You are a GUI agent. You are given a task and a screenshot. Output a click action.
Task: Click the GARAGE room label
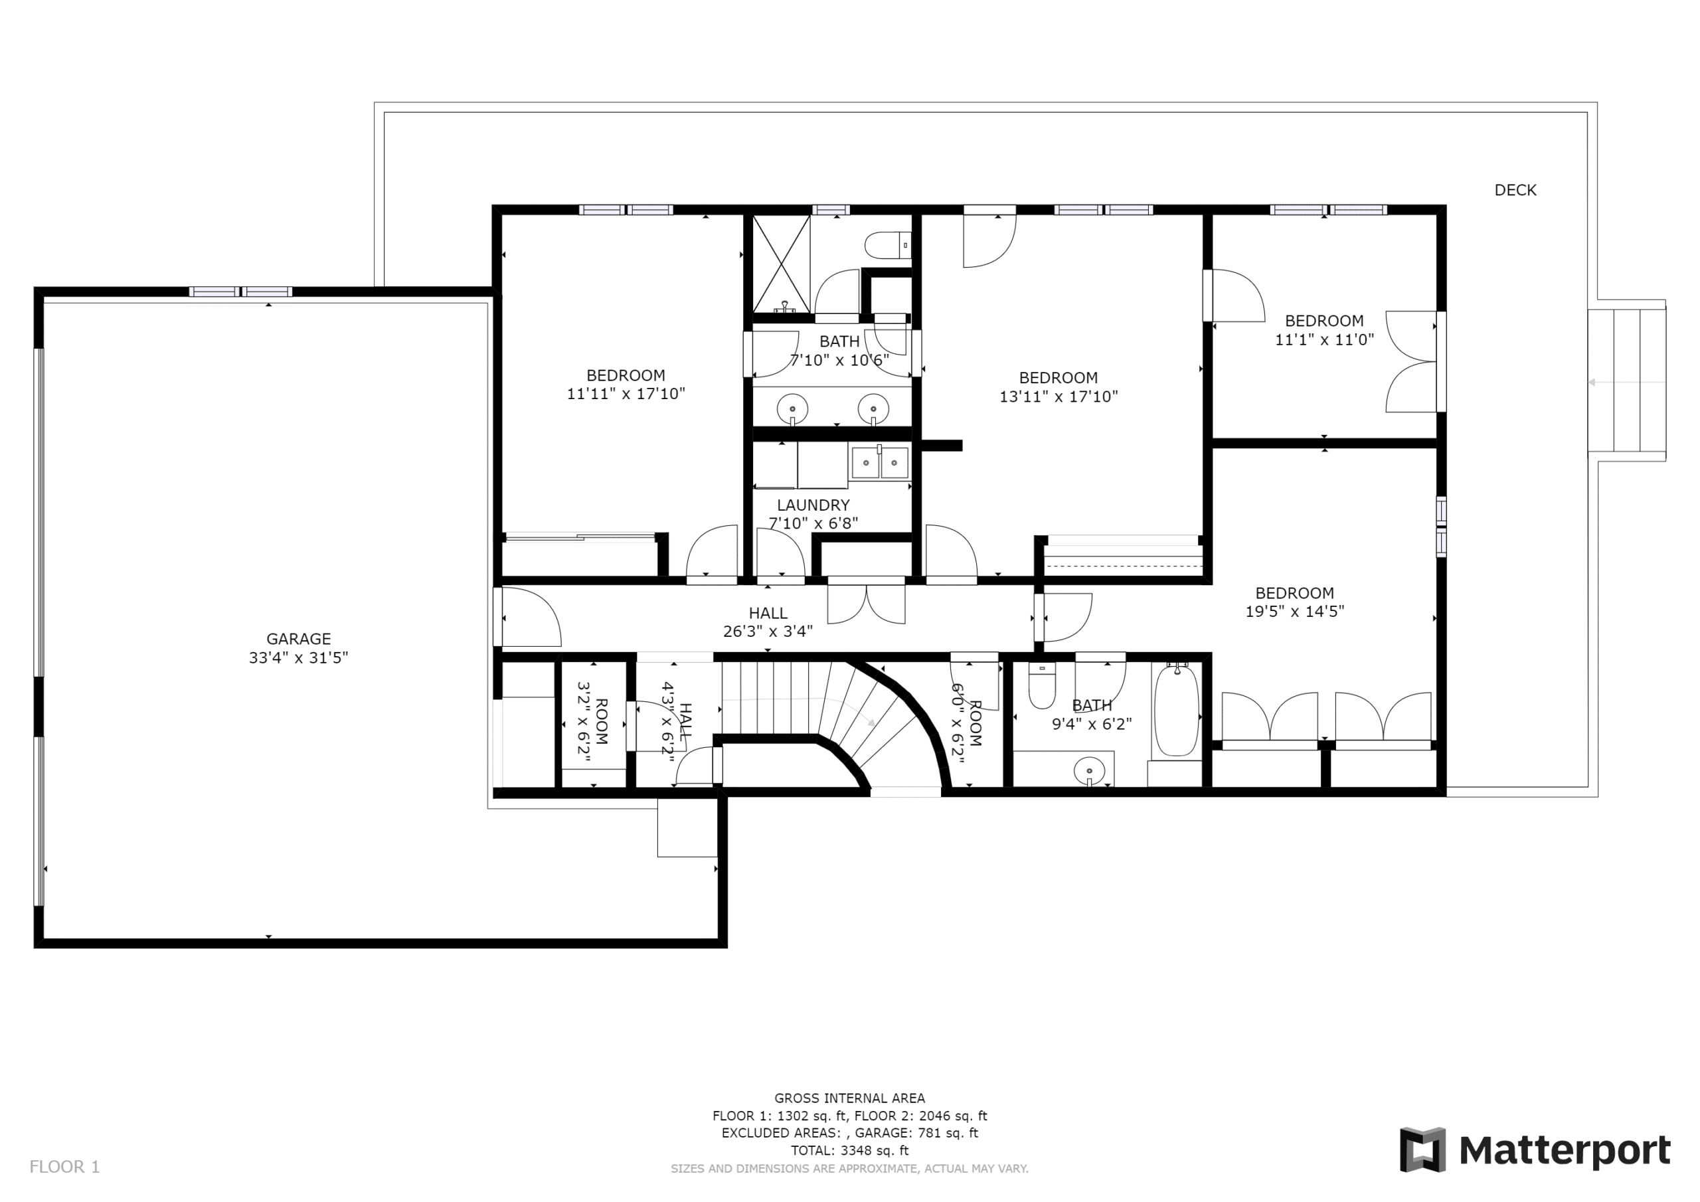[x=298, y=638]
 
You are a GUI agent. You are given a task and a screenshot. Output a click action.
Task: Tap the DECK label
[x=1515, y=191]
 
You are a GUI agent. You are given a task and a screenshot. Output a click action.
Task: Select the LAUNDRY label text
[x=813, y=505]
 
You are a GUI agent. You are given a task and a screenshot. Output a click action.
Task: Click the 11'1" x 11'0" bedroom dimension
[x=1324, y=339]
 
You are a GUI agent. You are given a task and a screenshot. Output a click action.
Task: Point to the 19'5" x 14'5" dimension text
[x=1294, y=611]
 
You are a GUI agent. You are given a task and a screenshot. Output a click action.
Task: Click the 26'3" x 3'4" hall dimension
[x=768, y=631]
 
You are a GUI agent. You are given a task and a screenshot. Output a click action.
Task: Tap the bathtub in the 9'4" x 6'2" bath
[x=1177, y=711]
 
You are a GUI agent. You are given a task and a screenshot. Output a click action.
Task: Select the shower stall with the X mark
[x=781, y=264]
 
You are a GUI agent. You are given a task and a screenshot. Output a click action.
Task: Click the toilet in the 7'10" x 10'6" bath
[x=888, y=245]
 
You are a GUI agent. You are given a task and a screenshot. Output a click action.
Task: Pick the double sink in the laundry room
[x=880, y=463]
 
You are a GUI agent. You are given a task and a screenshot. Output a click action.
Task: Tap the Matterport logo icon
[x=1422, y=1150]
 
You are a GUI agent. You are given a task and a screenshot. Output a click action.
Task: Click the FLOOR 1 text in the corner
[x=64, y=1167]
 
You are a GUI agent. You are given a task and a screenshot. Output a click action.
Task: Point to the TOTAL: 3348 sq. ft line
[x=850, y=1150]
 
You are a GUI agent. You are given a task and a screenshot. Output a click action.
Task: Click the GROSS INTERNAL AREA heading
[x=850, y=1098]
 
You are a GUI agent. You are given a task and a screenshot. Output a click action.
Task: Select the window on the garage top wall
[x=240, y=292]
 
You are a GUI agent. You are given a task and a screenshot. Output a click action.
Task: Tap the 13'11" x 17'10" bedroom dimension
[x=1058, y=396]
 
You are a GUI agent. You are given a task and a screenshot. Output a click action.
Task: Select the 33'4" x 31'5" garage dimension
[x=298, y=657]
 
